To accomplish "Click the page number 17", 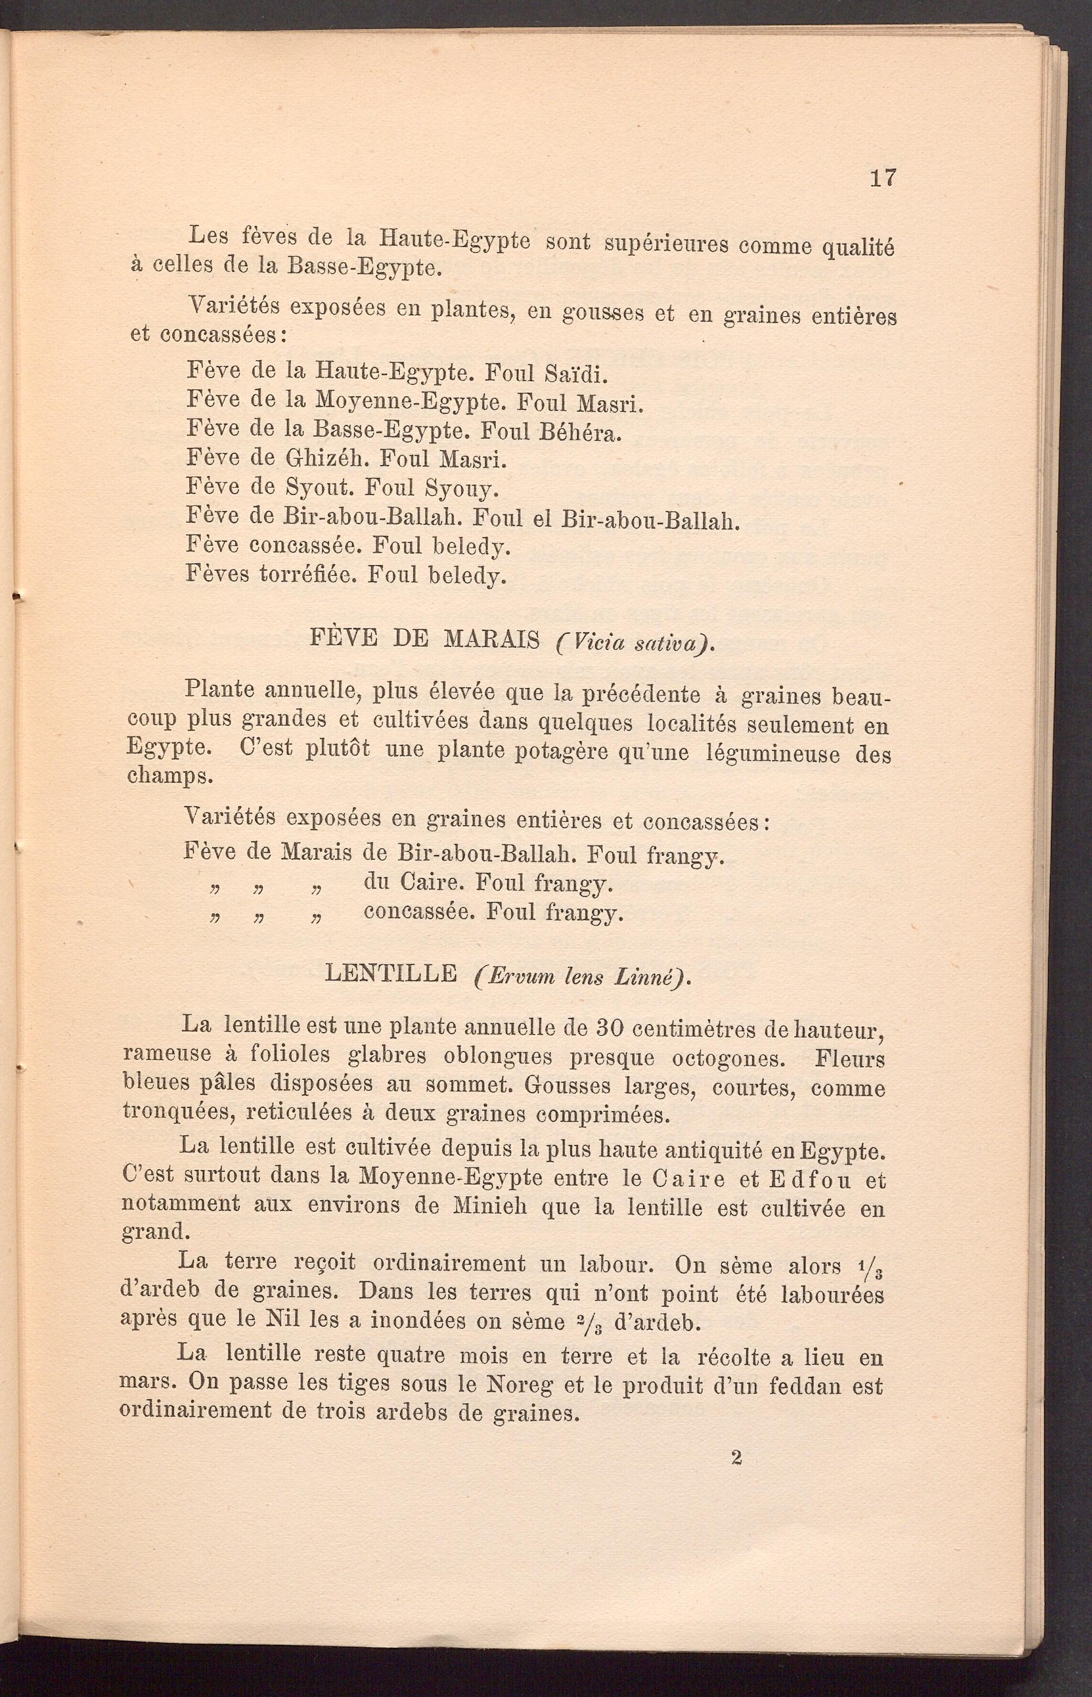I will (883, 178).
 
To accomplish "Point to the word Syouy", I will (462, 489).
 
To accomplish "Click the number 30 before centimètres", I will (610, 1026).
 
